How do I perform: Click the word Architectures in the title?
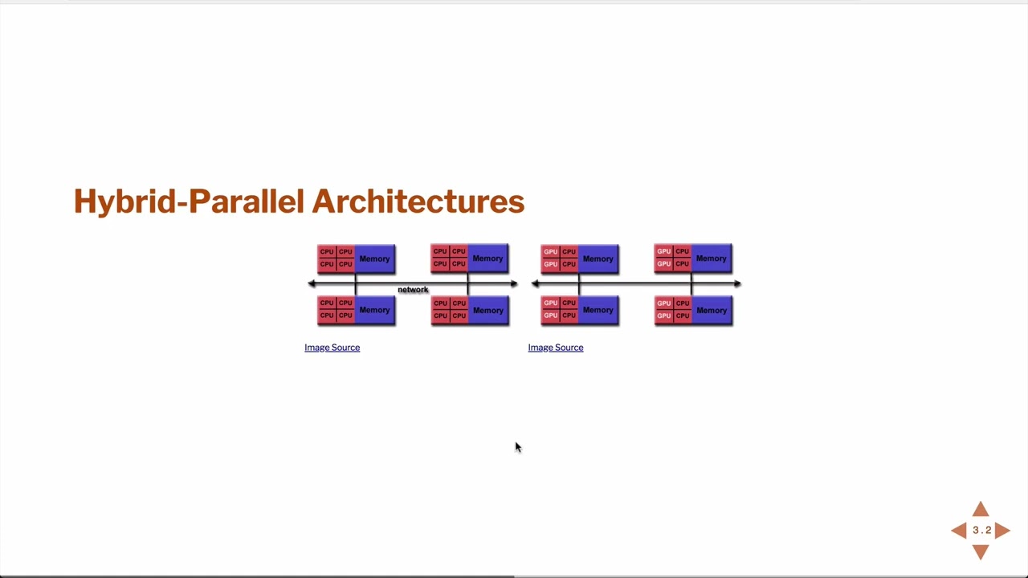pyautogui.click(x=418, y=201)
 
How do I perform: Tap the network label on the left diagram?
pyautogui.click(x=413, y=290)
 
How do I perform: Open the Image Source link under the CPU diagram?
pyautogui.click(x=332, y=348)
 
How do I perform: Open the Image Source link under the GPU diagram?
pyautogui.click(x=555, y=348)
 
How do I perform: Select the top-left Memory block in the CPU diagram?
pyautogui.click(x=374, y=258)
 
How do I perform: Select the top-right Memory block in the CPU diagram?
pyautogui.click(x=487, y=258)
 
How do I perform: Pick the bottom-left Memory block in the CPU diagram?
pyautogui.click(x=374, y=310)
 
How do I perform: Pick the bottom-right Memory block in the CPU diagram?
pyautogui.click(x=487, y=310)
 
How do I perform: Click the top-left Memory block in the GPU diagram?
pyautogui.click(x=598, y=258)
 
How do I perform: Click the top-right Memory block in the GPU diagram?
pyautogui.click(x=711, y=258)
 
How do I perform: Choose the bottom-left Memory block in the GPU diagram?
pyautogui.click(x=598, y=310)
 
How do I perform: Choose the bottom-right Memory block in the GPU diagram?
pyautogui.click(x=711, y=310)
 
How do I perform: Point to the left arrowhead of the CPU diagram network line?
pyautogui.click(x=312, y=283)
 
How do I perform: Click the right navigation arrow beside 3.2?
pyautogui.click(x=1003, y=530)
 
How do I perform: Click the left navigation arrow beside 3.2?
pyautogui.click(x=959, y=530)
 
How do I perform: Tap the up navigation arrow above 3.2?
pyautogui.click(x=981, y=510)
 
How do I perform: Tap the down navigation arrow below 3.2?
pyautogui.click(x=981, y=552)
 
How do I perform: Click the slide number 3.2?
pyautogui.click(x=981, y=530)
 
